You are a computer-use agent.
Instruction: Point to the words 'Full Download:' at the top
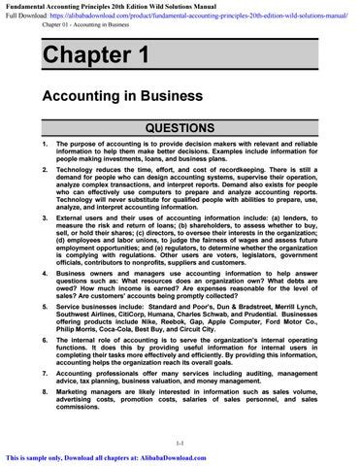(26, 16)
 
